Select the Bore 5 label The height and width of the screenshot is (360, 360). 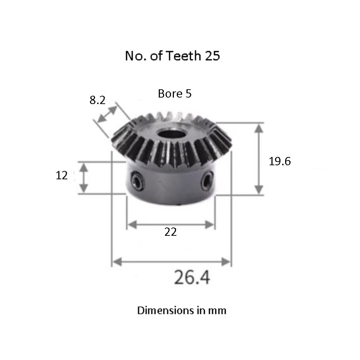[x=175, y=94]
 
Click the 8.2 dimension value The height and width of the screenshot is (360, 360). [x=97, y=100]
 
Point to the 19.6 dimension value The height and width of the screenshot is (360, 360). [x=280, y=162]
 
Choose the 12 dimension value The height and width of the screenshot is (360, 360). [x=62, y=176]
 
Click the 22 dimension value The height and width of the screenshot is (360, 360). [x=171, y=232]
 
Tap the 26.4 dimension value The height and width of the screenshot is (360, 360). [x=192, y=278]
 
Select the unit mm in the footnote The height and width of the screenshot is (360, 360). [x=217, y=310]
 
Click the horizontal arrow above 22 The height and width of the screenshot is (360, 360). [x=171, y=225]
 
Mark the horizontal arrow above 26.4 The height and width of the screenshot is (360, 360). [x=171, y=262]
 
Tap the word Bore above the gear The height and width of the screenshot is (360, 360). [x=169, y=94]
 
